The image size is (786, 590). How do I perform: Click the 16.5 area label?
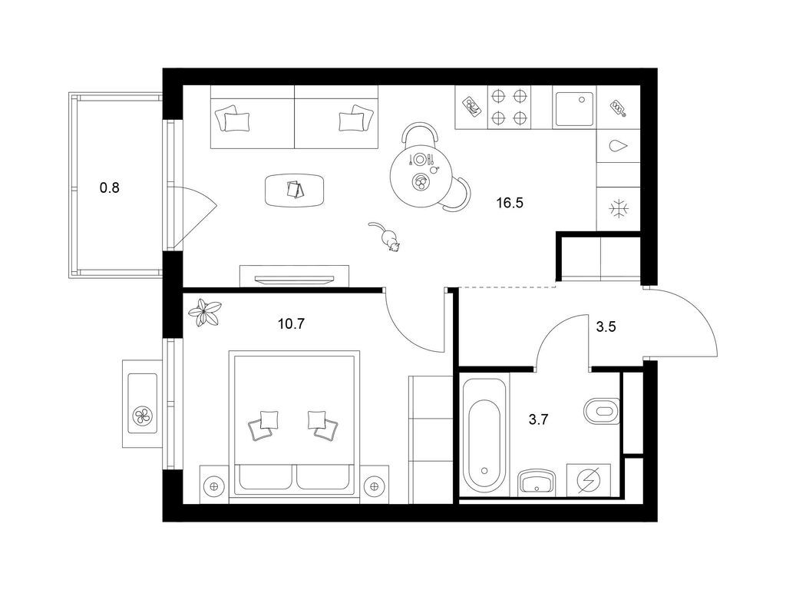[x=510, y=203]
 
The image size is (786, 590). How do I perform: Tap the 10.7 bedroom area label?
[x=291, y=323]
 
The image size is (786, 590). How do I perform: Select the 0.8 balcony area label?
[x=110, y=188]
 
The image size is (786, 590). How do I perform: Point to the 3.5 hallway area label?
[x=606, y=327]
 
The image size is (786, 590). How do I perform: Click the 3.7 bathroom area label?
[x=538, y=419]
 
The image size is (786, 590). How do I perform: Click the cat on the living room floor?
[x=385, y=236]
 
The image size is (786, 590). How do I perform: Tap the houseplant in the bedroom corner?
[x=204, y=313]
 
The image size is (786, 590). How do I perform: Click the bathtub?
[x=484, y=436]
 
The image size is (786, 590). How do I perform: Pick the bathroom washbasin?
[x=537, y=482]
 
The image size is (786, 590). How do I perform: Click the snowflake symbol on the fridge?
[x=619, y=208]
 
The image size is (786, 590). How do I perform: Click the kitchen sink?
[x=574, y=109]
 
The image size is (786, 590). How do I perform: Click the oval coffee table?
[x=295, y=190]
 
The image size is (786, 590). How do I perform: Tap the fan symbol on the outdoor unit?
[x=143, y=416]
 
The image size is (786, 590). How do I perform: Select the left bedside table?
[x=214, y=486]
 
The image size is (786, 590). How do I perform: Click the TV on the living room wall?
[x=294, y=279]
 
